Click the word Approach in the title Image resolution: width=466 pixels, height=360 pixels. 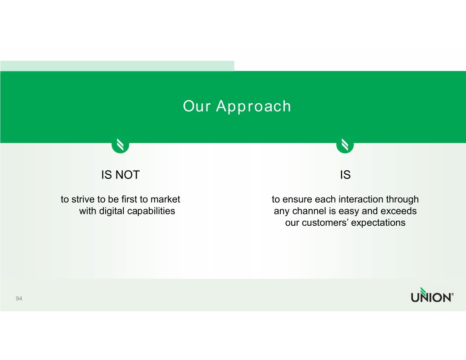pyautogui.click(x=253, y=107)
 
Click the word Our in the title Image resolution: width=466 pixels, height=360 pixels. pyautogui.click(x=197, y=106)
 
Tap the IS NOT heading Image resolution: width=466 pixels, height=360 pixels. pyautogui.click(x=120, y=175)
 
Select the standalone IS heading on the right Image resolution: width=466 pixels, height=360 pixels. pyautogui.click(x=345, y=175)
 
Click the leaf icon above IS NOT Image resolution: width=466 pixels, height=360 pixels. pyautogui.click(x=120, y=145)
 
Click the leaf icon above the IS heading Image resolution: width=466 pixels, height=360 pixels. pyautogui.click(x=345, y=145)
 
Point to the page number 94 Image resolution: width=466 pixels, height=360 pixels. pyautogui.click(x=19, y=299)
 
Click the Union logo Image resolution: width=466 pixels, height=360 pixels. pyautogui.click(x=432, y=295)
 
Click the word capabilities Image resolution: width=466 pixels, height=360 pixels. pyautogui.click(x=151, y=211)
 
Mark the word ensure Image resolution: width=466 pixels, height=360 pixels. pyautogui.click(x=297, y=199)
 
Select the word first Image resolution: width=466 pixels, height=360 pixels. pyautogui.click(x=131, y=199)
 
